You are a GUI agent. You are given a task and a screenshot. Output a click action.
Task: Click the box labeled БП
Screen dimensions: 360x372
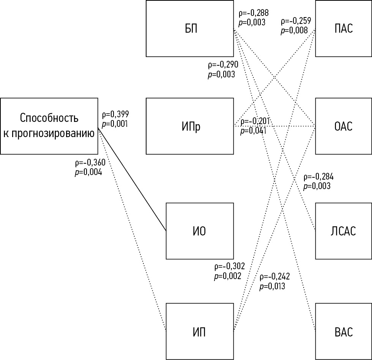(x=190, y=28)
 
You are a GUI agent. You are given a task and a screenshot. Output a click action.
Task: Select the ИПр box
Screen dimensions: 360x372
(x=190, y=126)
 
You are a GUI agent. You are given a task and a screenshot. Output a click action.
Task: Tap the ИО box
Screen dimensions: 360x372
(x=200, y=231)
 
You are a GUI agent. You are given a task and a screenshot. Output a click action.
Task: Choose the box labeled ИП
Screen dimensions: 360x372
(x=200, y=331)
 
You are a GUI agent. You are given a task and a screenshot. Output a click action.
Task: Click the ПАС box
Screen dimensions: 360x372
(x=344, y=28)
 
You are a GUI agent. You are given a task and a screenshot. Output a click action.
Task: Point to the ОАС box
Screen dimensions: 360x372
(x=344, y=126)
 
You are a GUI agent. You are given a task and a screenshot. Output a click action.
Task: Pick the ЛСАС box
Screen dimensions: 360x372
(x=344, y=231)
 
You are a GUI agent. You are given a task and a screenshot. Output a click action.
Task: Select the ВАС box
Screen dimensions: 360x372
(x=344, y=331)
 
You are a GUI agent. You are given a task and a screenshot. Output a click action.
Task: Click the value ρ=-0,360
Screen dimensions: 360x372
(x=90, y=163)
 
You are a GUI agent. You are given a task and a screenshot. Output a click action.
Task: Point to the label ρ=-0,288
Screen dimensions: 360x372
(x=252, y=13)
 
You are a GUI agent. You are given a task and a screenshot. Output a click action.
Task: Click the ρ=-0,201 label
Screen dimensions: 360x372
(x=255, y=121)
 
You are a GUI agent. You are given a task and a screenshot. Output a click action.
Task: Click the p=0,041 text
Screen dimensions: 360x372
(x=253, y=131)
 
